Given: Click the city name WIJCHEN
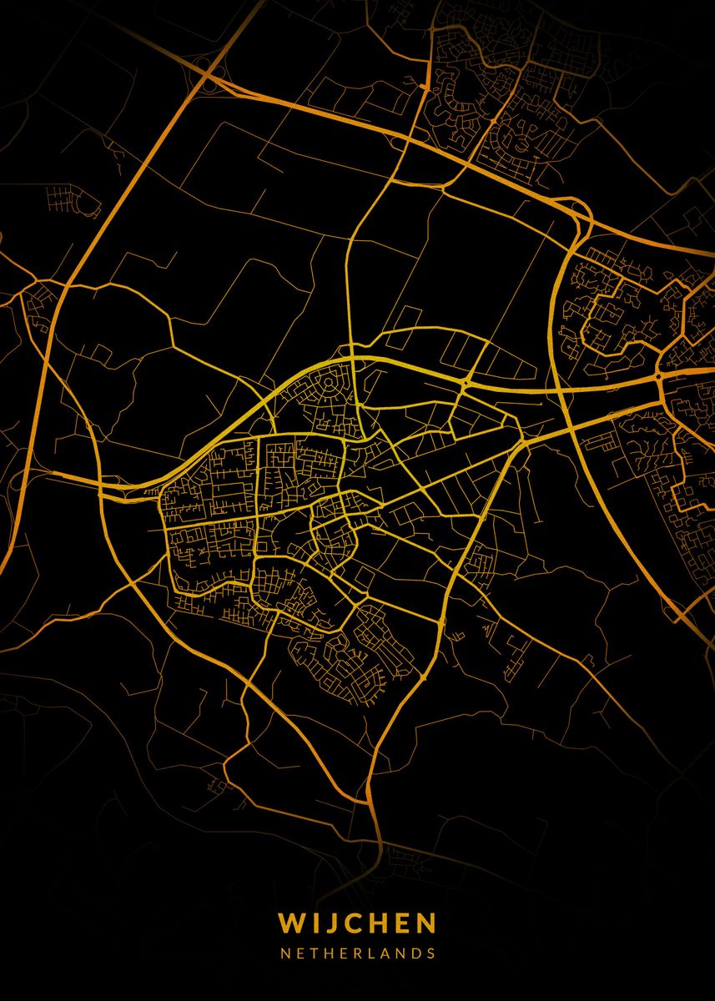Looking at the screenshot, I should click(357, 923).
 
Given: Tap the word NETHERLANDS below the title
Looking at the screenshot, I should click(357, 953).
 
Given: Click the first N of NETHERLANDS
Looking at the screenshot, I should click(284, 953).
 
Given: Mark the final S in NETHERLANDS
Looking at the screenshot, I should click(431, 953).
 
